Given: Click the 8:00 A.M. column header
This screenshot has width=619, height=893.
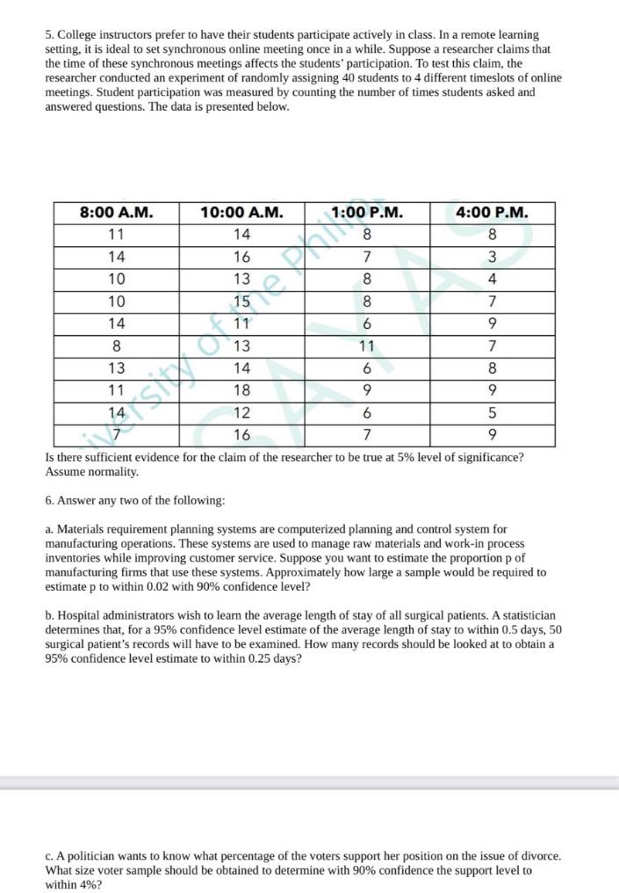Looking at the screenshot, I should [x=116, y=213].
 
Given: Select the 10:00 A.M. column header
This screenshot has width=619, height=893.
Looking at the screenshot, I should [x=241, y=213].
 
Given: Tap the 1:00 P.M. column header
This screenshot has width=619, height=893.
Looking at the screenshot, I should [x=367, y=213].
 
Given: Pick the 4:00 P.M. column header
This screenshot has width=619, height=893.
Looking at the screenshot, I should [x=493, y=213].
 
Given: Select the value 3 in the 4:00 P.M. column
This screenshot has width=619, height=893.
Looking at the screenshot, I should [x=493, y=258].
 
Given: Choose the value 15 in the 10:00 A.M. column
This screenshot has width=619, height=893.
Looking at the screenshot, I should [x=241, y=301].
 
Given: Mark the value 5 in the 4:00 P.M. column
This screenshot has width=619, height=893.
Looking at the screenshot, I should [x=493, y=413].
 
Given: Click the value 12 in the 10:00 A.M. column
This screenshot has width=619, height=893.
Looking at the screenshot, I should [x=241, y=413].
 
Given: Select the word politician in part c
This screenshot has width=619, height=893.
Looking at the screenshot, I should [x=90, y=855].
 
